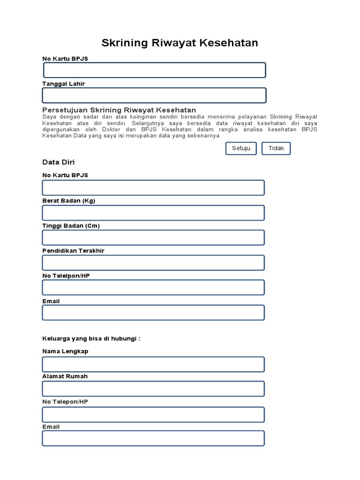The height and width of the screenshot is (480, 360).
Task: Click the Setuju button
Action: [x=241, y=149]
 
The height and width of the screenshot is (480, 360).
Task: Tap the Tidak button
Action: [x=276, y=149]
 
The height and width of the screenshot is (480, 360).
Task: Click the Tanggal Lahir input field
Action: [x=154, y=95]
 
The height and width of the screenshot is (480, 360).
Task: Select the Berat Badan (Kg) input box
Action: [x=153, y=213]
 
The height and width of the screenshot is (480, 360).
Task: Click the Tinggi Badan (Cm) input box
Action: [x=153, y=238]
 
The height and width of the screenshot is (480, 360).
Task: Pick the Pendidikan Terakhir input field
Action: [x=153, y=263]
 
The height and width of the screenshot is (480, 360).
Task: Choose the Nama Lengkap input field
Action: [x=153, y=364]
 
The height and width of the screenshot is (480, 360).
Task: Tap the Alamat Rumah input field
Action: [x=153, y=389]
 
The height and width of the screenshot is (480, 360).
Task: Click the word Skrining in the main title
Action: [x=125, y=43]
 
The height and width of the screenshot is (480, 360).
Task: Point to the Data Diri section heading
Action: [x=59, y=162]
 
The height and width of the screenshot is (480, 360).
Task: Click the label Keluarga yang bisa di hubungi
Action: [x=91, y=338]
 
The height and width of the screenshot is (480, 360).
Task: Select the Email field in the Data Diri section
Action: [x=153, y=313]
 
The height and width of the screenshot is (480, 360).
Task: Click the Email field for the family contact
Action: [x=153, y=438]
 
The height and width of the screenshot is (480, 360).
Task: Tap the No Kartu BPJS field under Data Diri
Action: [x=153, y=187]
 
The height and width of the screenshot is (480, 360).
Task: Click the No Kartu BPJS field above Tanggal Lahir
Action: [x=154, y=70]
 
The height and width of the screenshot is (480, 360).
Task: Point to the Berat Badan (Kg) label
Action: [x=69, y=201]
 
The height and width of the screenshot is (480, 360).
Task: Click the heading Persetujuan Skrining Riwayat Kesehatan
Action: [x=119, y=110]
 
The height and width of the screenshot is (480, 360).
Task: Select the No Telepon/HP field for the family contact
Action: [x=153, y=414]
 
